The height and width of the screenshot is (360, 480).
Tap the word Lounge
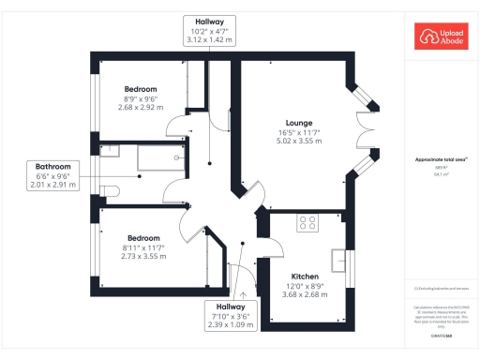(300, 123)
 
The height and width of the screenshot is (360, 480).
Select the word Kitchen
(305, 277)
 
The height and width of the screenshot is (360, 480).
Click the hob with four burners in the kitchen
(307, 223)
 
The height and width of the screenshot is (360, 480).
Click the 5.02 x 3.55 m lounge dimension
(300, 142)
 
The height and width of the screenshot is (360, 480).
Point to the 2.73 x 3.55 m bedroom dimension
(143, 256)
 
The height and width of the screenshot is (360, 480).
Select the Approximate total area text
(441, 160)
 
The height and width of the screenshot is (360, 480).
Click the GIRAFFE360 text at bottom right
(442, 336)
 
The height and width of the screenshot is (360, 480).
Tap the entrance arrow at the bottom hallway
(243, 293)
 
